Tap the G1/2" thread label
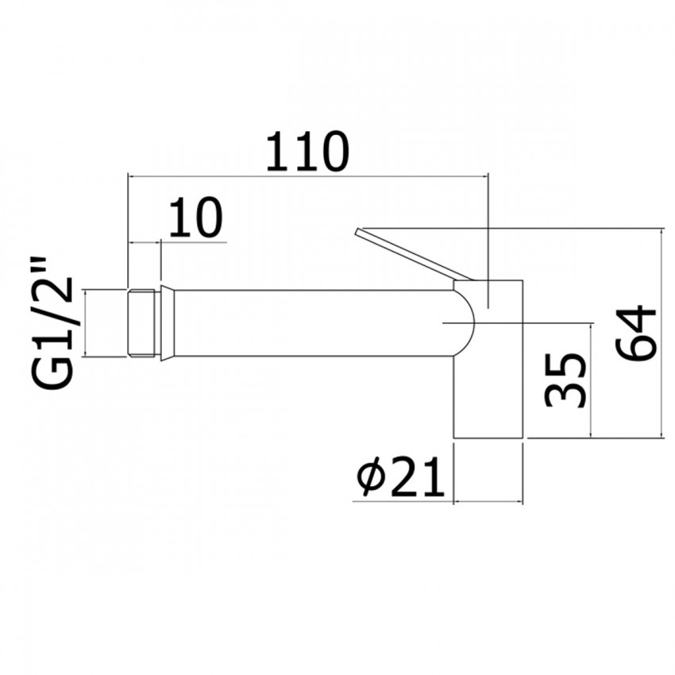[x=57, y=325]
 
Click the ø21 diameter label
[x=400, y=479]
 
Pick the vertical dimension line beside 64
[x=663, y=333]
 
